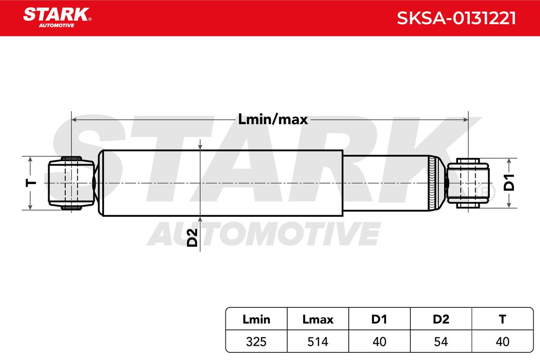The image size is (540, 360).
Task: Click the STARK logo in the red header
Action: tap(57, 18)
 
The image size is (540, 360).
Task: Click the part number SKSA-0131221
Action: tap(456, 18)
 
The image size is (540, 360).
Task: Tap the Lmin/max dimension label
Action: tap(273, 119)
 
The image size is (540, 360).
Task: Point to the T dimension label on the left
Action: tap(31, 184)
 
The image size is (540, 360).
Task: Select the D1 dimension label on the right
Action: tap(509, 183)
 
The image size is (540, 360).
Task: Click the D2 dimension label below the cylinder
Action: tap(192, 238)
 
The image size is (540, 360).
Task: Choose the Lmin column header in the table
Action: tap(256, 319)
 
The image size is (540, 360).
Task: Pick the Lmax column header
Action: tap(318, 319)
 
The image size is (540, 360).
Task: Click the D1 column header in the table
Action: tap(379, 319)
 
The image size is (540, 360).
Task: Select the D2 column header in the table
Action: tap(441, 319)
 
